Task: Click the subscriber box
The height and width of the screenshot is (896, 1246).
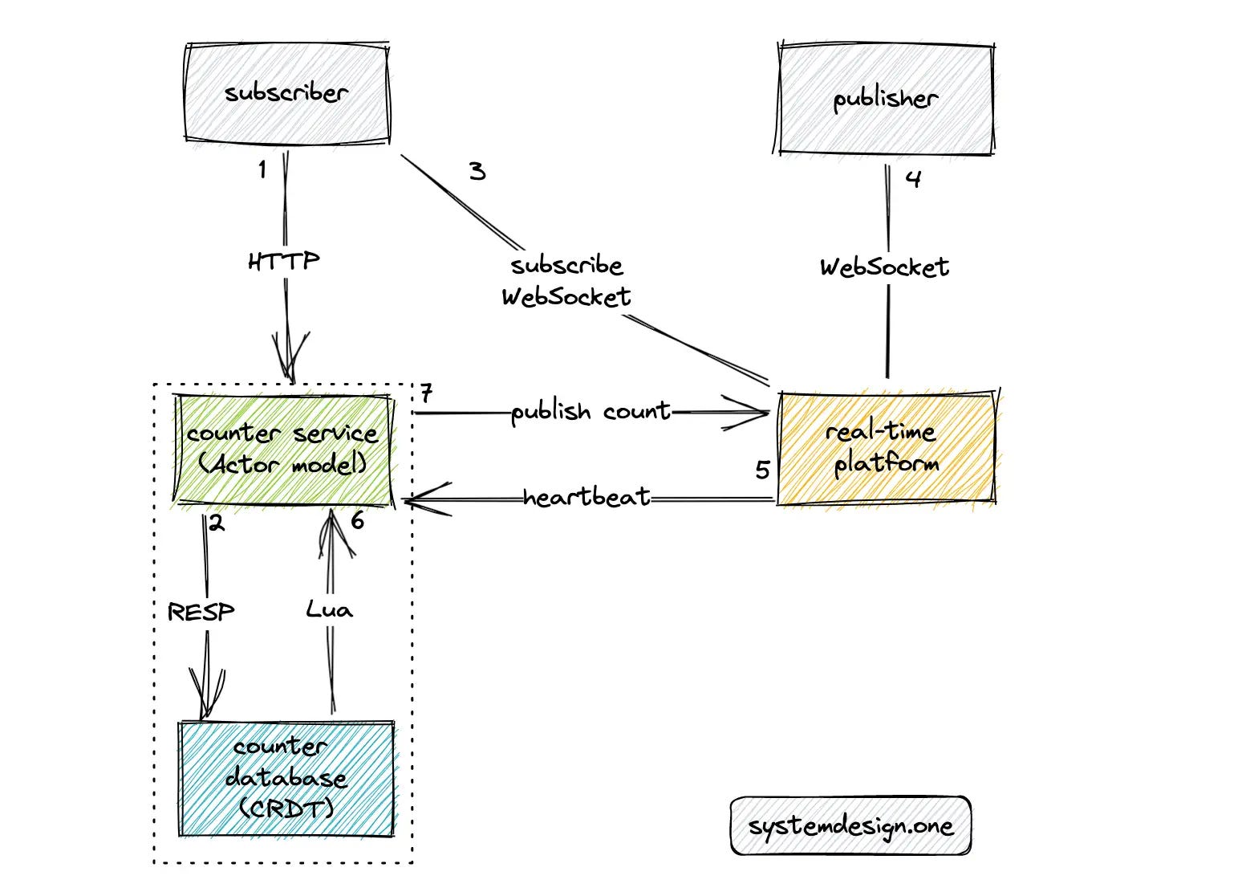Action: tap(287, 93)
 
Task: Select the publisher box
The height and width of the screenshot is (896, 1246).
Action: tap(885, 99)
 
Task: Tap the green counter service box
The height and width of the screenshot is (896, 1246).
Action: tap(284, 450)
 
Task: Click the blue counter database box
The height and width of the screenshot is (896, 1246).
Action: tap(286, 779)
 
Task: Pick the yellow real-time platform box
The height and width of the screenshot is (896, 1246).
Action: tap(887, 448)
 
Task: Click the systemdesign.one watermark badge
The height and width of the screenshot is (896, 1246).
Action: tap(851, 825)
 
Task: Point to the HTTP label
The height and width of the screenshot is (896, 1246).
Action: tap(284, 261)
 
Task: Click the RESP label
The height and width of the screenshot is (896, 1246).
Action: tap(201, 612)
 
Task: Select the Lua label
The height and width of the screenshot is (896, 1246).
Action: tap(329, 609)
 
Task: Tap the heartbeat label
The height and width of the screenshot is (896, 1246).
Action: tap(586, 496)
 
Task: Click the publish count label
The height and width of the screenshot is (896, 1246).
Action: tap(591, 412)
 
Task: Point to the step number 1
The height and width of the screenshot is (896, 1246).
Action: tap(262, 169)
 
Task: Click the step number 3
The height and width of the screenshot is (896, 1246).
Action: tap(477, 171)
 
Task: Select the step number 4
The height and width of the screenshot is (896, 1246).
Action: tap(913, 179)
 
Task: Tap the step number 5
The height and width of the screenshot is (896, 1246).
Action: tap(763, 470)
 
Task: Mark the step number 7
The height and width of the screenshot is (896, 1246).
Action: tap(426, 393)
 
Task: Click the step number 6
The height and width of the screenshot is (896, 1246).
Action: tap(358, 521)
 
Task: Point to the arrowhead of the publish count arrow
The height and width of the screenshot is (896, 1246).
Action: tap(769, 413)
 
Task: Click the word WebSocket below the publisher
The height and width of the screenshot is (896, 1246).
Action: tap(884, 267)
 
